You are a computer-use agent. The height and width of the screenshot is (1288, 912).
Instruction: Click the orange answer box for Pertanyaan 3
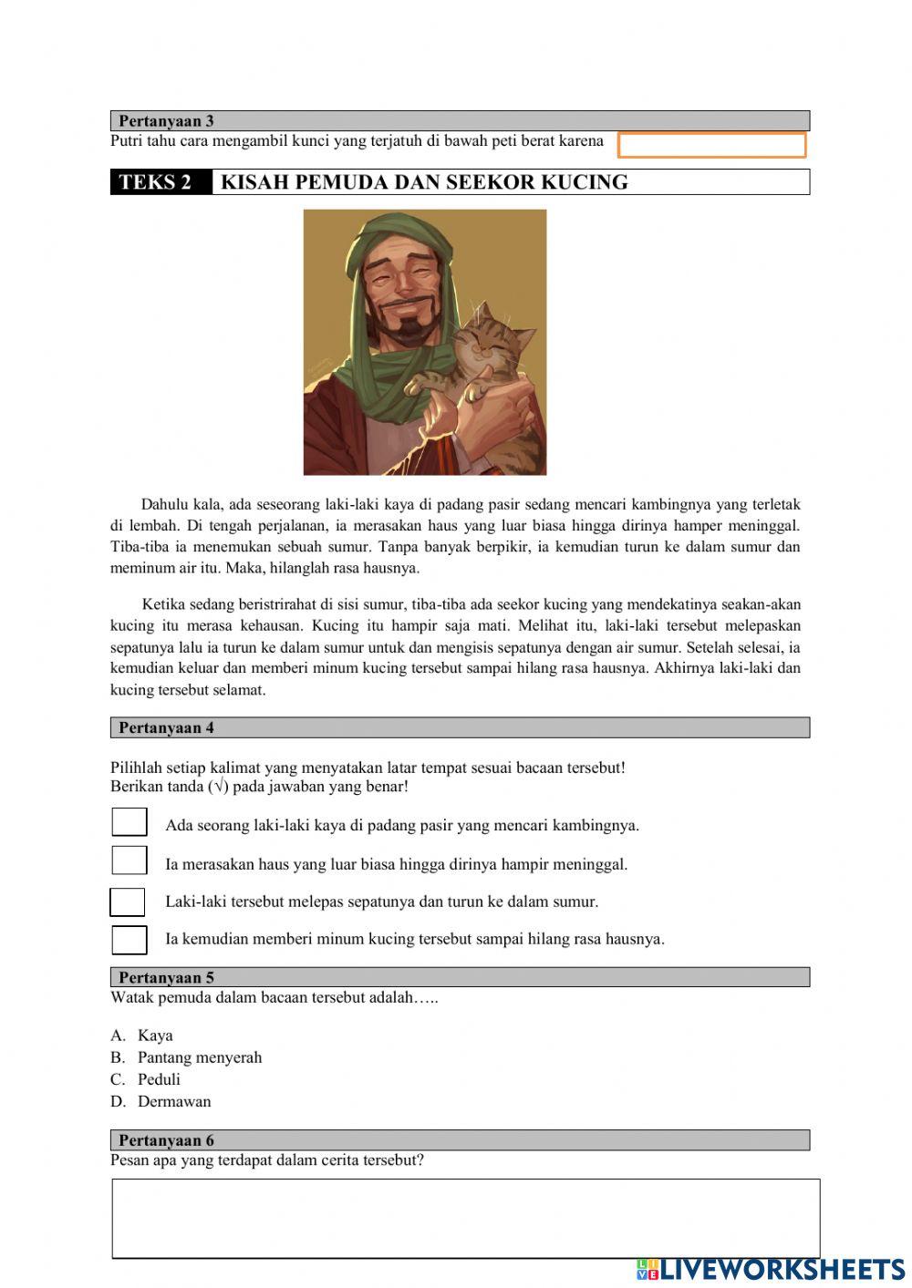(711, 145)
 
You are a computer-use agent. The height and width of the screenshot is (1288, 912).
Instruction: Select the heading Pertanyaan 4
(166, 727)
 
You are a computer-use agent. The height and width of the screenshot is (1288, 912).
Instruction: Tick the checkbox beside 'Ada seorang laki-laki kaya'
(130, 822)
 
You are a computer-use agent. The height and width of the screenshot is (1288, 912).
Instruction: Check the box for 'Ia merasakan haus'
(130, 860)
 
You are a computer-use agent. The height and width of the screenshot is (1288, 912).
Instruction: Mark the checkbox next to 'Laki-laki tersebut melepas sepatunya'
(128, 902)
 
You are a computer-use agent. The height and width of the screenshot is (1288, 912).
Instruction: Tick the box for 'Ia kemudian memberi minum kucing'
(130, 940)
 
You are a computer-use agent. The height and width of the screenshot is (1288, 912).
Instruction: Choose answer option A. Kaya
(154, 1036)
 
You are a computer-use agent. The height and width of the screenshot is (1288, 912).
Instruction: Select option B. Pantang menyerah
(199, 1057)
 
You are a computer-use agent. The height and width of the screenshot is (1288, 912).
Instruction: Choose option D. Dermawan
(173, 1101)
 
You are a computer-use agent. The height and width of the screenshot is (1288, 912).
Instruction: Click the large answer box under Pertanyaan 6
(465, 1219)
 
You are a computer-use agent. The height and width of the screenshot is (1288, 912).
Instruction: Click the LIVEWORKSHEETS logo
(771, 1269)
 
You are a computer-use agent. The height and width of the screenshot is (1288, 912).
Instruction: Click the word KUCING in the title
(585, 182)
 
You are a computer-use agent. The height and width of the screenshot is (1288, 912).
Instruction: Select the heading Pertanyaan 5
(166, 977)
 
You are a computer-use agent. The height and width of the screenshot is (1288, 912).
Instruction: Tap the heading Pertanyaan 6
(166, 1140)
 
